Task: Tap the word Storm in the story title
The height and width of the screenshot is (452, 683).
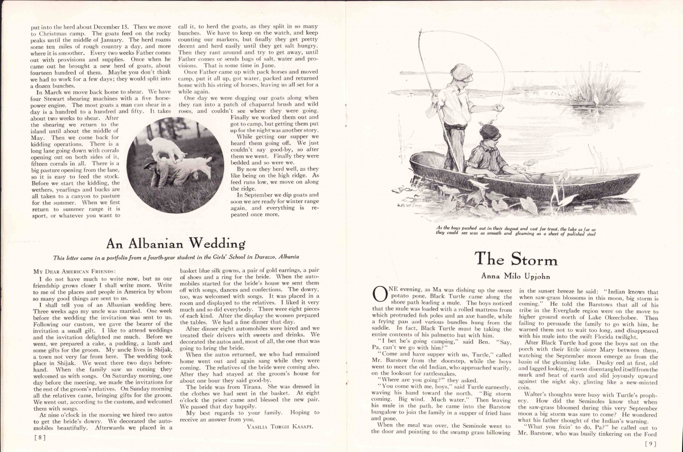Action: (x=534, y=260)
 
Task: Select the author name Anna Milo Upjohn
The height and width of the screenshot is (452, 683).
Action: (x=515, y=276)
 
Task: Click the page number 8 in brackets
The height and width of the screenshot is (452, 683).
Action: (x=40, y=438)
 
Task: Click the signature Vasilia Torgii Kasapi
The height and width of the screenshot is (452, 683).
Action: (x=280, y=427)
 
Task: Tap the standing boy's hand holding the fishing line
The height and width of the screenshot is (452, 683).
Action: (x=500, y=108)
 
